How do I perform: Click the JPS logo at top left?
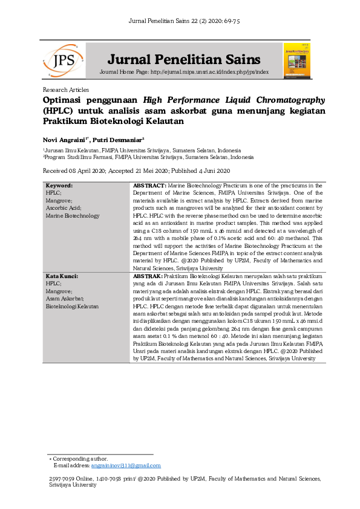[x=63, y=60]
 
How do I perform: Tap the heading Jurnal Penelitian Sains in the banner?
[x=184, y=59]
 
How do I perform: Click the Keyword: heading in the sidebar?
[x=59, y=185]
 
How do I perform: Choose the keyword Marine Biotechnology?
[x=73, y=216]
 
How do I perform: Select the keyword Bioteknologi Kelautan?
[x=72, y=306]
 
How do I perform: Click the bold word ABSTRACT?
[x=149, y=185]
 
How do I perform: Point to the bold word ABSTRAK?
[x=148, y=276]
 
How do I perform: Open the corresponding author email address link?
[x=126, y=465]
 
